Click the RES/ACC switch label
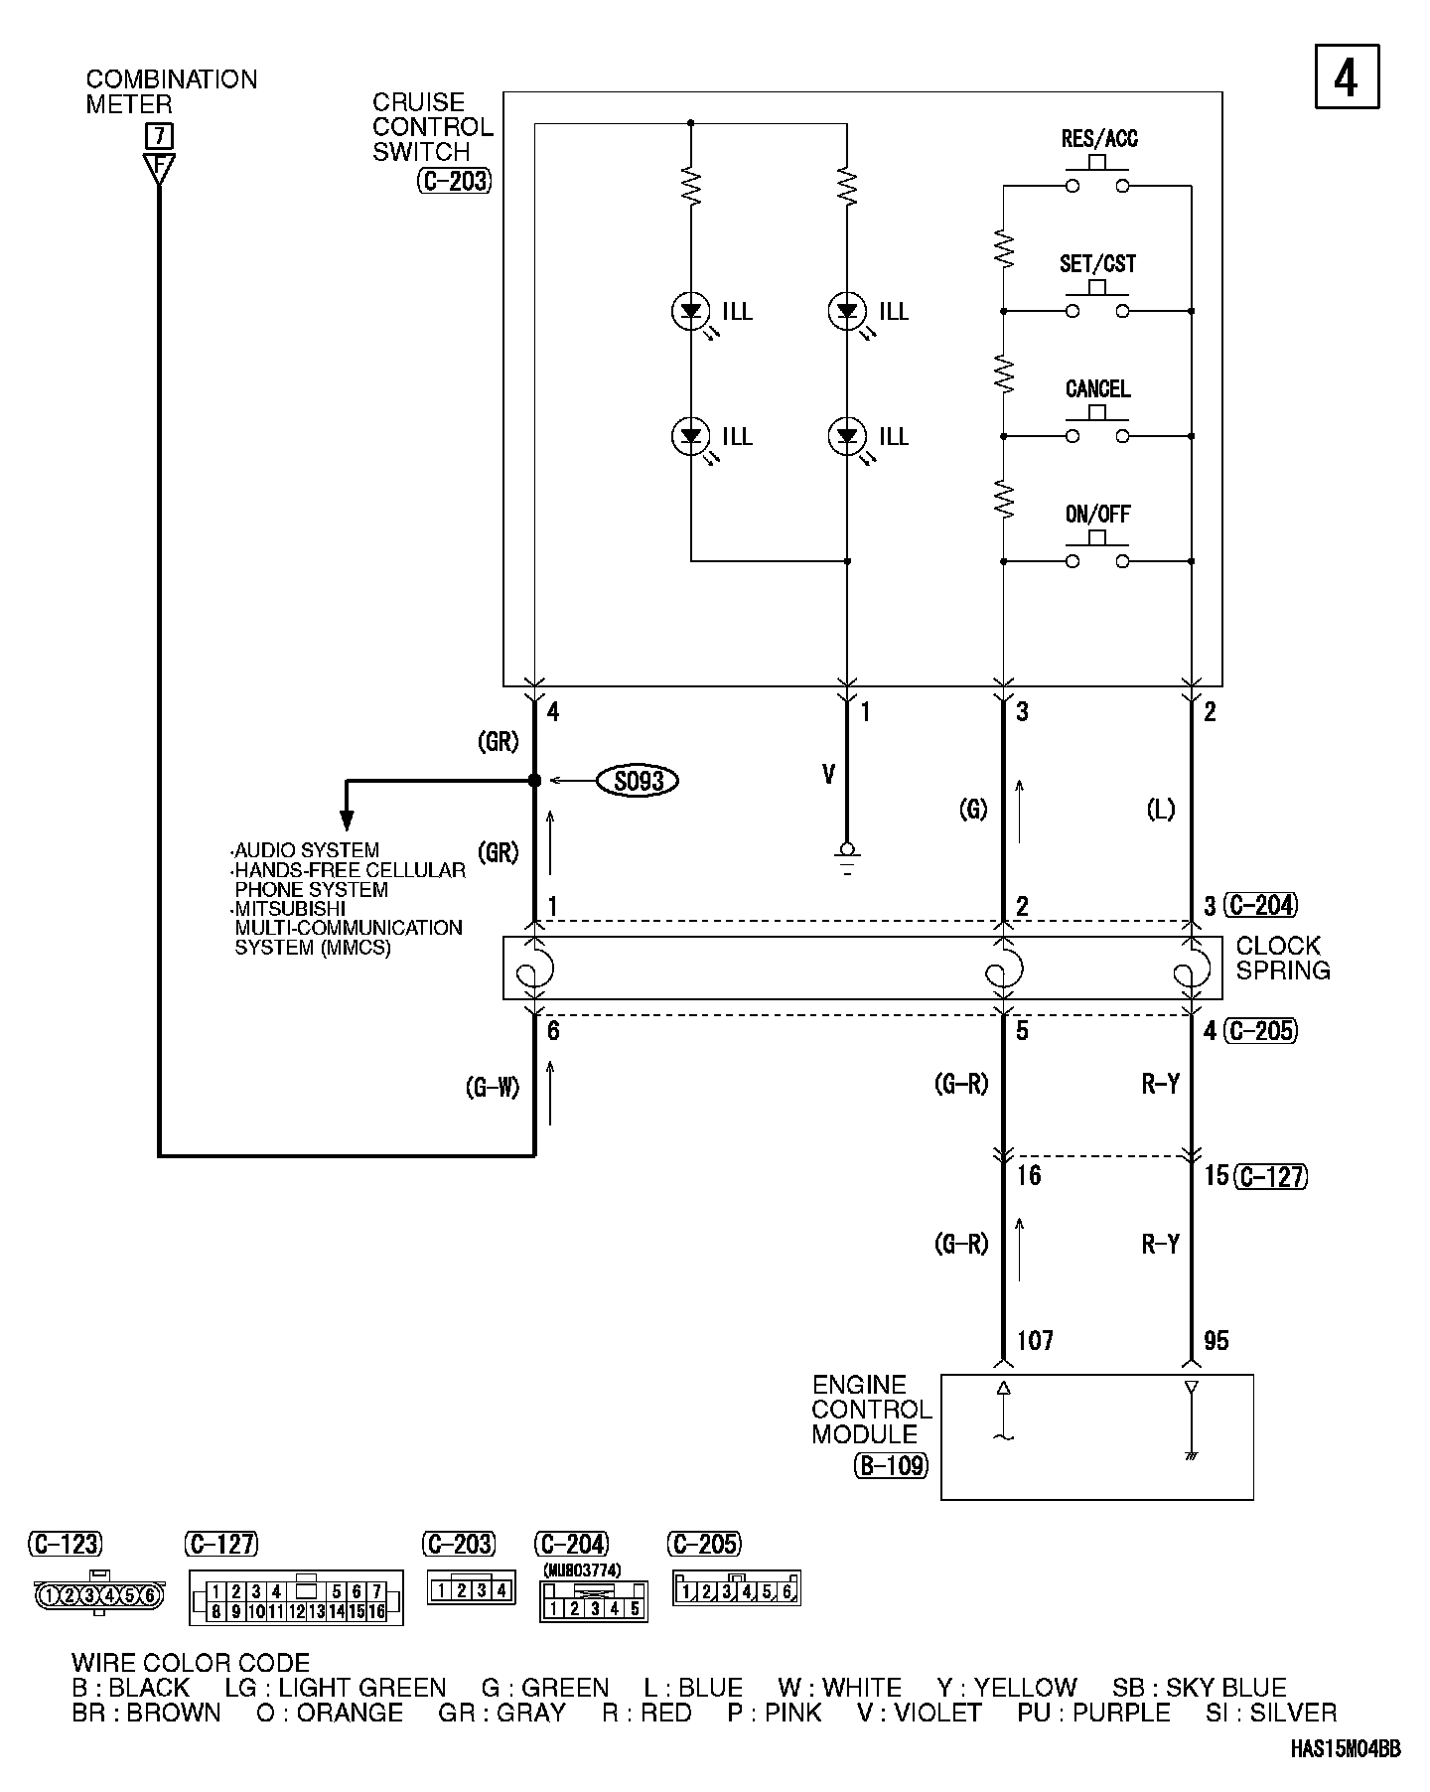coord(1099,139)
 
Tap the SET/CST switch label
coord(1097,264)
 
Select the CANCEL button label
coord(1097,389)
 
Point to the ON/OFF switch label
coord(1097,515)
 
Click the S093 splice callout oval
coord(639,781)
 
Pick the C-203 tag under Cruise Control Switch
coord(454,182)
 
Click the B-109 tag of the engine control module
coord(891,1465)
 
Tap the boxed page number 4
coord(1347,76)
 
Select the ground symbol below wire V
coord(847,857)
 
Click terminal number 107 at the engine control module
coord(1035,1341)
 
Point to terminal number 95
coord(1215,1341)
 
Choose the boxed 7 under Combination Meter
coord(158,135)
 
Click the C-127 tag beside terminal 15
coord(1271,1176)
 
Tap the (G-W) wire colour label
coord(492,1088)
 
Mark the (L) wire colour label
coord(1160,810)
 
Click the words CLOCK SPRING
coord(1282,958)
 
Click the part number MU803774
coord(582,1570)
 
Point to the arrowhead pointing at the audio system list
coord(347,820)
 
